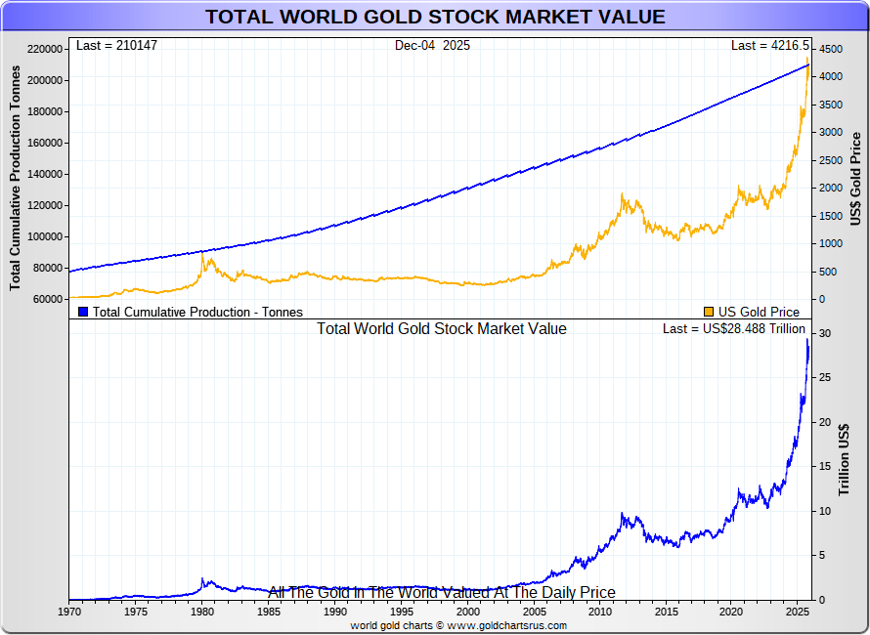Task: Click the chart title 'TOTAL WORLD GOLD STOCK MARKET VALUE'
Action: [x=435, y=17]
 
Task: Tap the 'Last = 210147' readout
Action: [x=116, y=46]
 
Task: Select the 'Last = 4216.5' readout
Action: [x=770, y=46]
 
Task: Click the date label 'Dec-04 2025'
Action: [x=432, y=46]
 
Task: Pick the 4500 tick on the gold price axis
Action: [x=829, y=49]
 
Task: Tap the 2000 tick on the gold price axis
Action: [x=829, y=188]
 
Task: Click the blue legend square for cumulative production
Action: [x=83, y=312]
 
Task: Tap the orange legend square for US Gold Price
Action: [x=709, y=312]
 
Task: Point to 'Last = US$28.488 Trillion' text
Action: [x=733, y=329]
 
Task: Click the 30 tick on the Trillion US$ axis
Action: [x=825, y=333]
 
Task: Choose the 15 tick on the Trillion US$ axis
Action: [x=825, y=467]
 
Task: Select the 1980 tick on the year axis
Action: [x=202, y=612]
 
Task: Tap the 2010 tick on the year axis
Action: [x=598, y=612]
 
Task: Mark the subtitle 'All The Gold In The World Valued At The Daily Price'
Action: [x=442, y=592]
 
